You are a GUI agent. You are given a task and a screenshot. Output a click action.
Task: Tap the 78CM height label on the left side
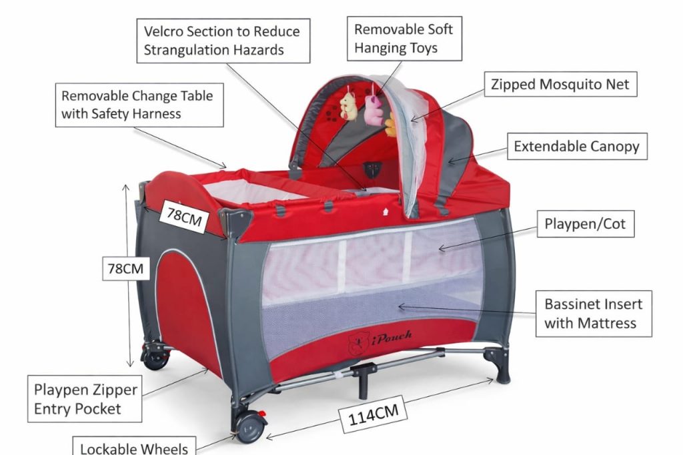[126, 270]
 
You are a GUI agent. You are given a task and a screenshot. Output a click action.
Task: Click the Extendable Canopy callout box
[576, 146]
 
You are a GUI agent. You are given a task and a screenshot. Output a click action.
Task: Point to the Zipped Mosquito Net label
[560, 85]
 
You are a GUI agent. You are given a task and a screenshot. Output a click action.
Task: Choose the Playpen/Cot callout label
[586, 224]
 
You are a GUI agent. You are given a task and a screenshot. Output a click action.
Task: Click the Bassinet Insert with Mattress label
[594, 314]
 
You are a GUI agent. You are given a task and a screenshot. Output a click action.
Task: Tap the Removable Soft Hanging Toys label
[404, 39]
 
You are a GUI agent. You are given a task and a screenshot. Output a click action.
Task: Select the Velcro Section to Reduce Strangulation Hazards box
[223, 40]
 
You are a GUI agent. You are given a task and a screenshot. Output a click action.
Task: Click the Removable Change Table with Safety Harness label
[137, 104]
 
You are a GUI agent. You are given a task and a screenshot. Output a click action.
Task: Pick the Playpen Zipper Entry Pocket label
[86, 399]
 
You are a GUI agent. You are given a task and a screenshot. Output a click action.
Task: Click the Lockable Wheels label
[133, 447]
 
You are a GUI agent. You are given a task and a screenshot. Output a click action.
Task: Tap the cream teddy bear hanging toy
[348, 105]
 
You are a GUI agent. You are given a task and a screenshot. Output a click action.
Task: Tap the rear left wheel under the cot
[155, 358]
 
